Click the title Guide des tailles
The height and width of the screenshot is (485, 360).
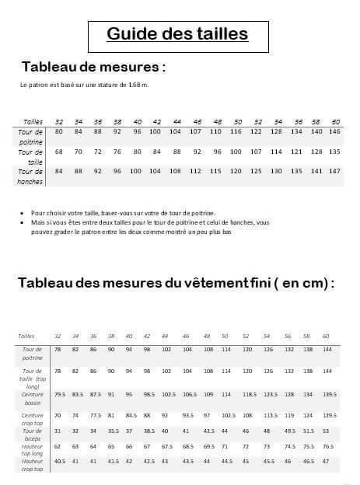click(x=177, y=34)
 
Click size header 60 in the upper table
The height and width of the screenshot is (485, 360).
click(x=336, y=122)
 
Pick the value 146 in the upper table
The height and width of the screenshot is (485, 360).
click(x=336, y=131)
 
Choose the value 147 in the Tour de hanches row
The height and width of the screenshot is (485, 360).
click(x=336, y=171)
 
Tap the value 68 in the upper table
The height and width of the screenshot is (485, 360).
click(x=59, y=152)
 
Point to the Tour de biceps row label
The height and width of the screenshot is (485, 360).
click(x=33, y=434)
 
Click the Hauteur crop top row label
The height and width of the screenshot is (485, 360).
click(x=33, y=466)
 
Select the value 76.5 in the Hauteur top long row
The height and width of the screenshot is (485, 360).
click(x=327, y=447)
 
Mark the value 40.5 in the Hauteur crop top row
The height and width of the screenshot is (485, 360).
click(x=59, y=462)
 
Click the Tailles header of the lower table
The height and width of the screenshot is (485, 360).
click(x=26, y=336)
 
